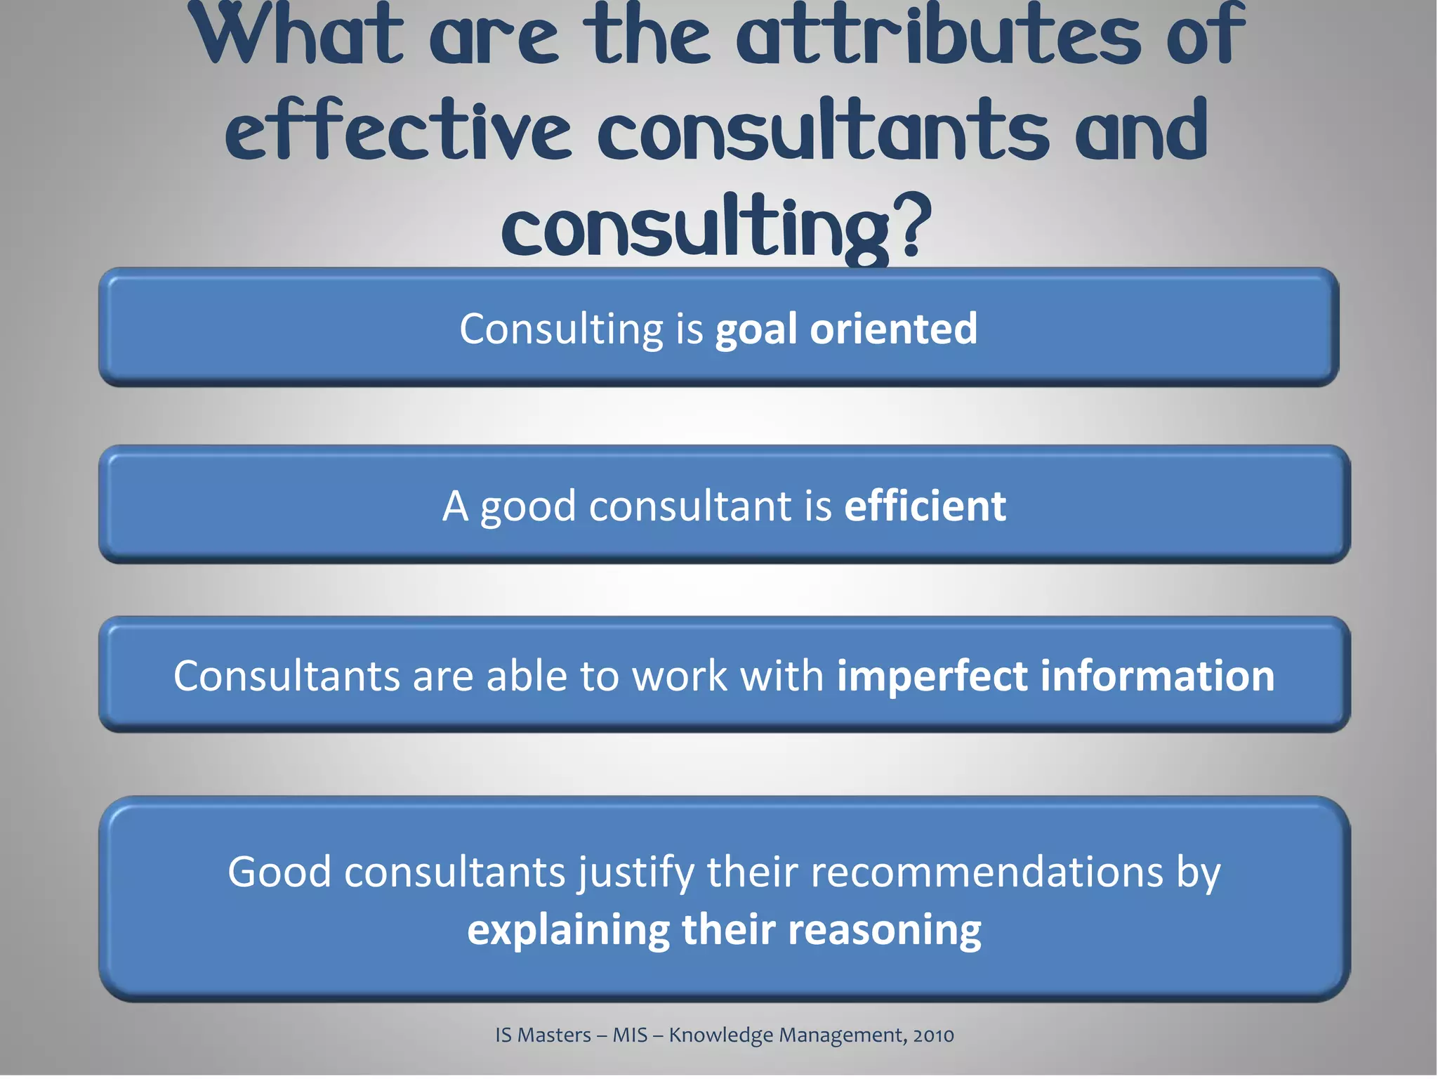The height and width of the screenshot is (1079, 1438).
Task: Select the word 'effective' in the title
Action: click(397, 130)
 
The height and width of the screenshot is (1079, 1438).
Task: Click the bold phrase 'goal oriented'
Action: click(846, 329)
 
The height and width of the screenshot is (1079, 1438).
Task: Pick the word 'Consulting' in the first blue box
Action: click(561, 329)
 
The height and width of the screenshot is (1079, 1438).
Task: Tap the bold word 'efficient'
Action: click(925, 506)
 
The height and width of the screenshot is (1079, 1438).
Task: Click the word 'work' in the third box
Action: click(680, 676)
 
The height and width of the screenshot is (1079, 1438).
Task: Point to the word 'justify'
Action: click(635, 872)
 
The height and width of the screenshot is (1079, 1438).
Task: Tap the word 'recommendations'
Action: click(987, 872)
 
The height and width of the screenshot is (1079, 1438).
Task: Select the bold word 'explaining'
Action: click(568, 930)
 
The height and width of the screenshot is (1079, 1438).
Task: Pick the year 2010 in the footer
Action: click(933, 1035)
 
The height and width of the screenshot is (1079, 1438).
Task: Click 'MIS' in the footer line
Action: click(630, 1035)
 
